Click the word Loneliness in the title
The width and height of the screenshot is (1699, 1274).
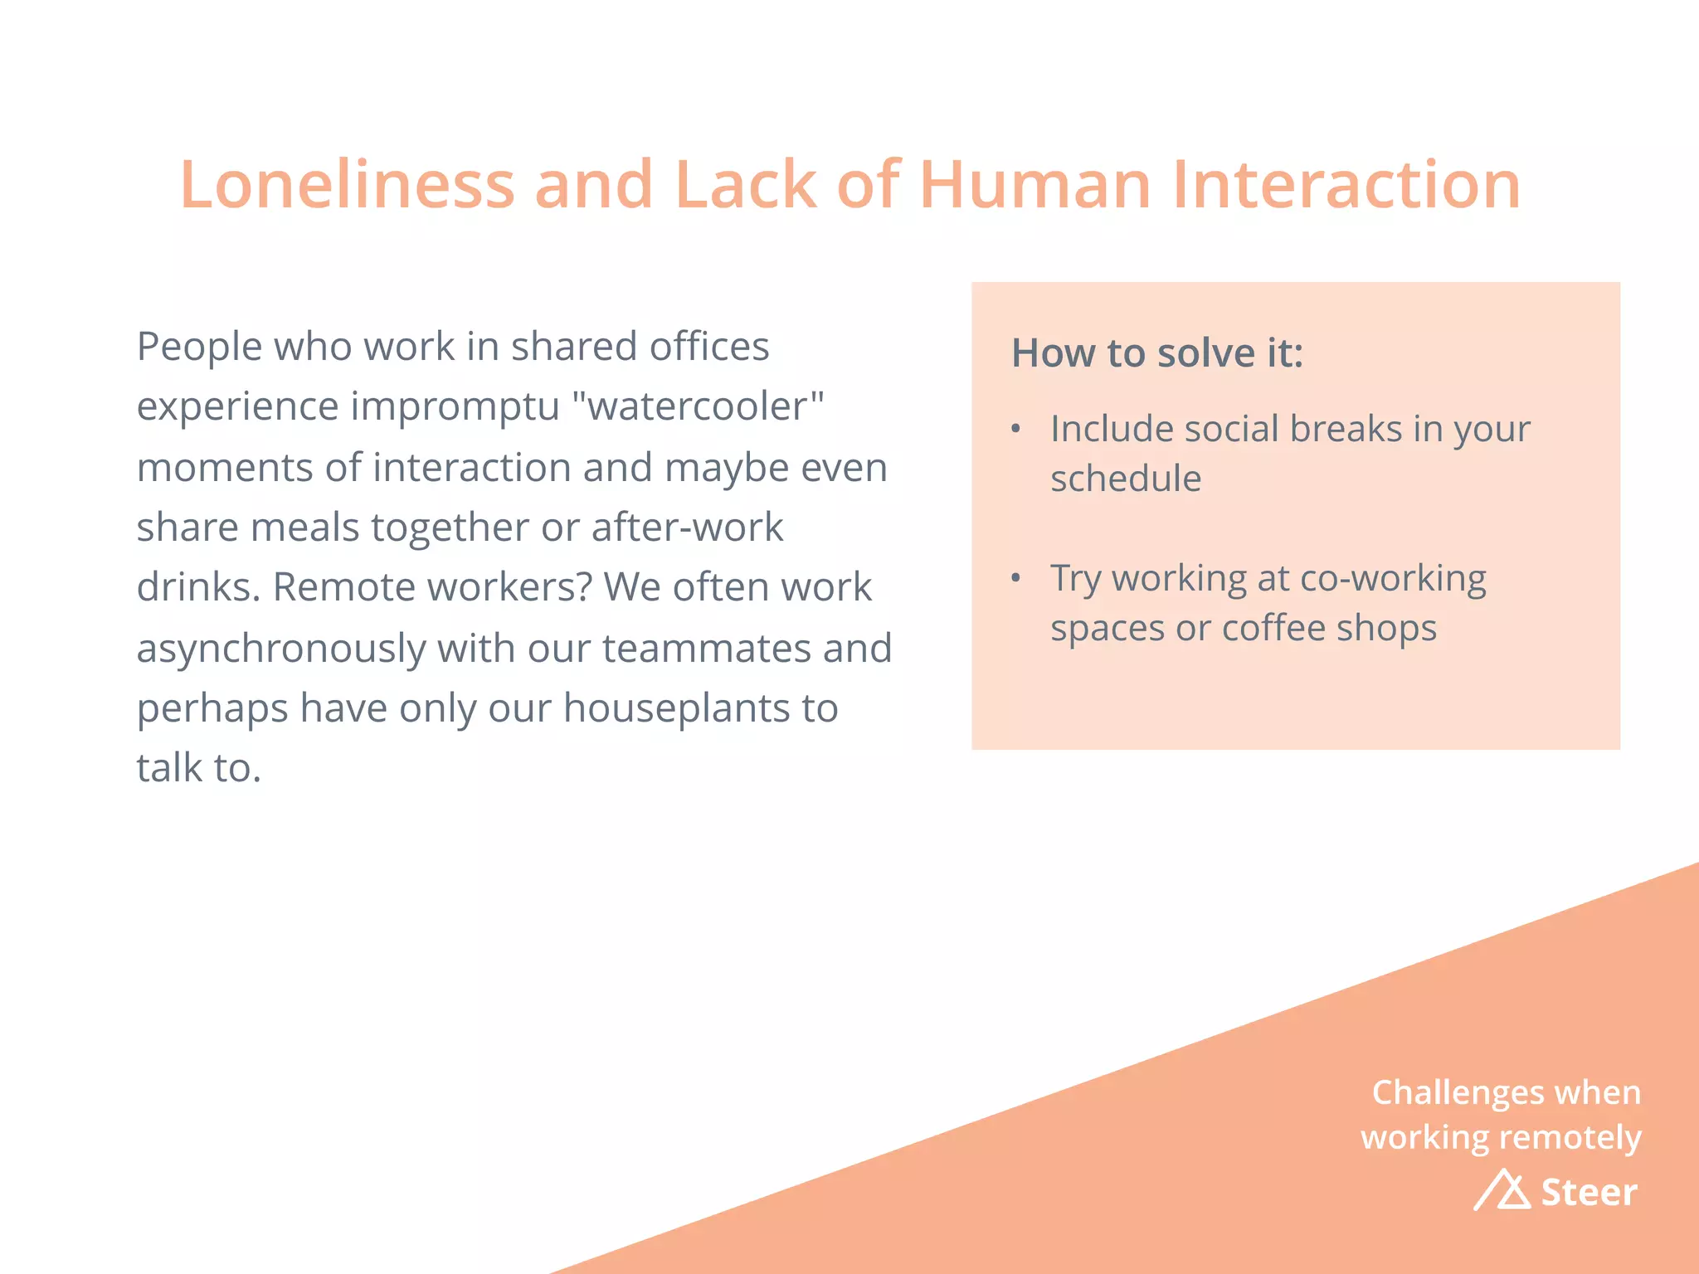click(348, 184)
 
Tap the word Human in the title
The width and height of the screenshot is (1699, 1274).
click(1034, 184)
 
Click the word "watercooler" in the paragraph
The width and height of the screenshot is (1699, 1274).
click(698, 406)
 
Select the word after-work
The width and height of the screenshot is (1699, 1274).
click(687, 528)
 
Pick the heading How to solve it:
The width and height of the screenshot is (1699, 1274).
click(1156, 353)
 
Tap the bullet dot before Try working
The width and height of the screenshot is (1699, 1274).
click(1015, 578)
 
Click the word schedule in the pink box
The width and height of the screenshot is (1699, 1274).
click(1126, 479)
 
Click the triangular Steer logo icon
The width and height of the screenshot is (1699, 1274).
click(1502, 1191)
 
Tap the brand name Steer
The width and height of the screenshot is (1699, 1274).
click(1589, 1192)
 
